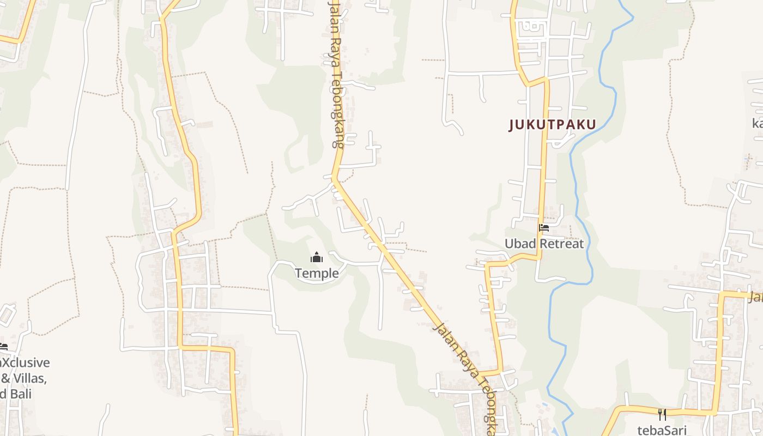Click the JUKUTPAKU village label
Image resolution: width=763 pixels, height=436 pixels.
(552, 125)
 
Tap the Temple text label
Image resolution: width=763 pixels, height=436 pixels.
(317, 273)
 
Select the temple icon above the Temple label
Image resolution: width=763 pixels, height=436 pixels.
(317, 257)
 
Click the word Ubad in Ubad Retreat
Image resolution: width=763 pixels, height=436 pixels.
(520, 244)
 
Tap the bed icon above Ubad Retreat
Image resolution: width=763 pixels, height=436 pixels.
(543, 228)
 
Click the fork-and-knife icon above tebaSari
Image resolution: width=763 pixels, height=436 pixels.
(662, 415)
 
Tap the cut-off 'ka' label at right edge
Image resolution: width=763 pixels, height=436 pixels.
(757, 123)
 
